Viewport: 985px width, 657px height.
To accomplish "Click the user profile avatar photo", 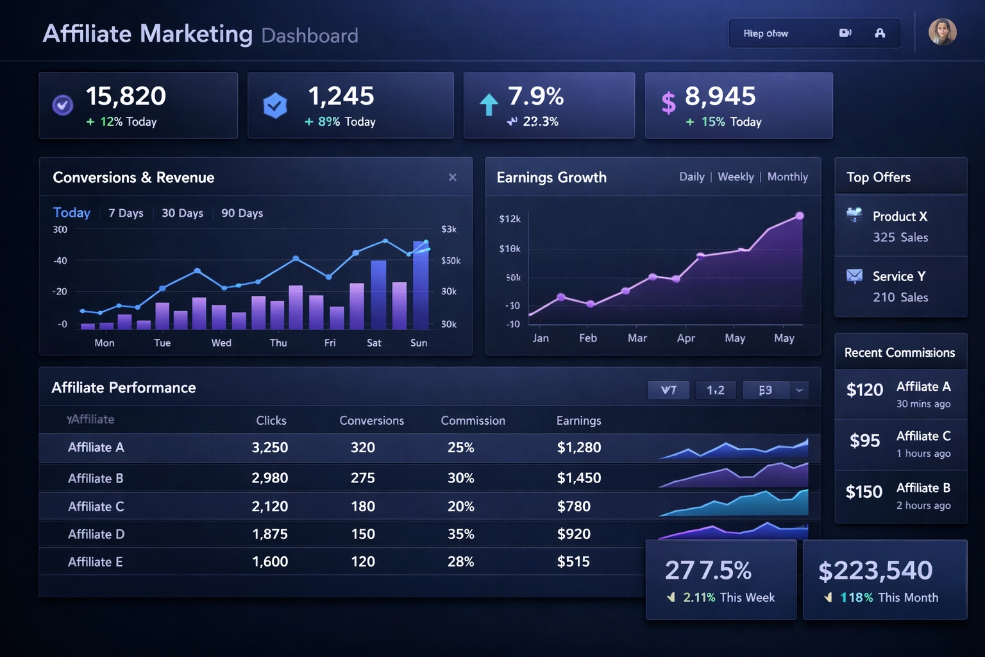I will pyautogui.click(x=942, y=32).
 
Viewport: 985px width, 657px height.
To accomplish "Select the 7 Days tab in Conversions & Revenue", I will pyautogui.click(x=126, y=213).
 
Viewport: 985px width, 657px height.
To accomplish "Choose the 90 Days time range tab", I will pyautogui.click(x=242, y=213).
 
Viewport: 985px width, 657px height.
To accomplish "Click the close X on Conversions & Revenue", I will pyautogui.click(x=453, y=177).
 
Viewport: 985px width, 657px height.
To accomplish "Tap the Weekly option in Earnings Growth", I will pyautogui.click(x=736, y=176).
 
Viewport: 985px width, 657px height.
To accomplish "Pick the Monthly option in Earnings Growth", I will pyautogui.click(x=787, y=176).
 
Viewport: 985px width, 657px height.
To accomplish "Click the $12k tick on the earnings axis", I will pyautogui.click(x=510, y=219).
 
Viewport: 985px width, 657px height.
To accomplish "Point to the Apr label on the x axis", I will pyautogui.click(x=686, y=338).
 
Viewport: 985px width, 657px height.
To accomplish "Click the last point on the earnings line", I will pyautogui.click(x=800, y=216).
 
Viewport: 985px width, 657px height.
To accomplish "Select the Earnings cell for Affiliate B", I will pyautogui.click(x=578, y=478).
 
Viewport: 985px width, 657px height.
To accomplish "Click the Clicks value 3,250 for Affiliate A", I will pyautogui.click(x=269, y=447).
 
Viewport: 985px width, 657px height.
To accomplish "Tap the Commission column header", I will pyautogui.click(x=473, y=420).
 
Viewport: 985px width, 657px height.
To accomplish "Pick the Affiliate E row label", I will pyautogui.click(x=95, y=562).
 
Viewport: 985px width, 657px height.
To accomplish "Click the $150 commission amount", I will pyautogui.click(x=864, y=492).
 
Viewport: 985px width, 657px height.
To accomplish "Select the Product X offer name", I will pyautogui.click(x=900, y=216).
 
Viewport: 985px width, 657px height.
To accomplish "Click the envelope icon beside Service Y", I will pyautogui.click(x=854, y=277).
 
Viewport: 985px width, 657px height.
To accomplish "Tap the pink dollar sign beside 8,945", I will pyautogui.click(x=668, y=103).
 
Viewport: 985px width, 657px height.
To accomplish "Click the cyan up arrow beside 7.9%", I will pyautogui.click(x=489, y=104).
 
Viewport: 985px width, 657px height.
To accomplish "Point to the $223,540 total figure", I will pyautogui.click(x=875, y=570).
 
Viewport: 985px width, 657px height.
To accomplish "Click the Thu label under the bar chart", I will pyautogui.click(x=278, y=343).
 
